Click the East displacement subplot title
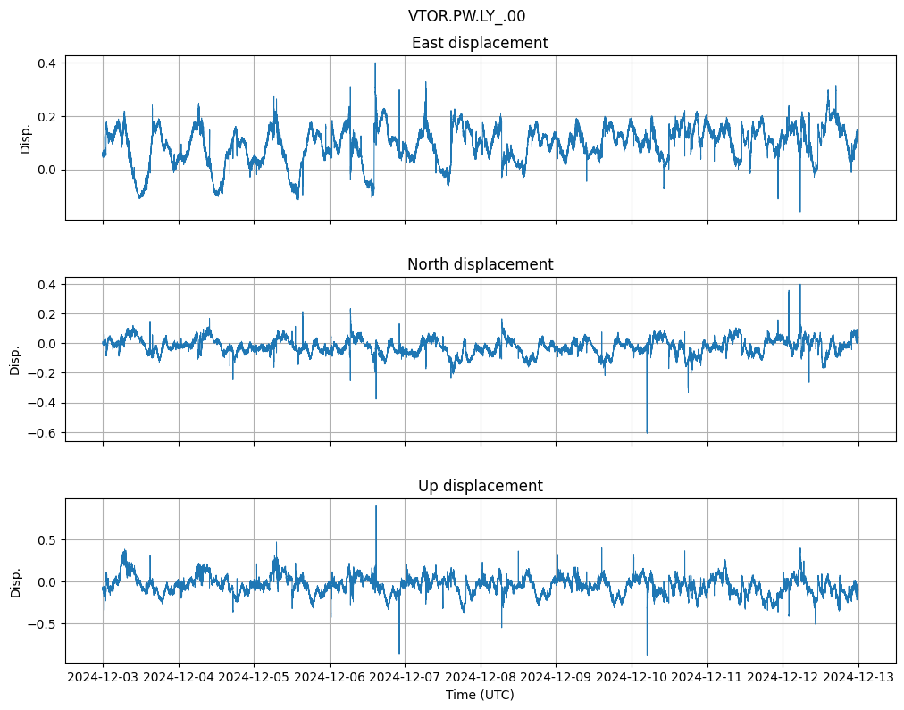tap(480, 43)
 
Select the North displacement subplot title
tap(480, 264)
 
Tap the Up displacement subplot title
tap(480, 486)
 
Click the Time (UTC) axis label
tap(480, 695)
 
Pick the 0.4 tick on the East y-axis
tap(46, 63)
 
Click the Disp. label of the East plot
tap(26, 138)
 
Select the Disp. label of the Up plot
tap(16, 581)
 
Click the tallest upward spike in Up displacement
tap(376, 507)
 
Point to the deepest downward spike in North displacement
tap(647, 432)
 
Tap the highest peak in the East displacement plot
tap(375, 63)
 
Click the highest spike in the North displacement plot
tap(800, 285)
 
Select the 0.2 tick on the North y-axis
tap(46, 314)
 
